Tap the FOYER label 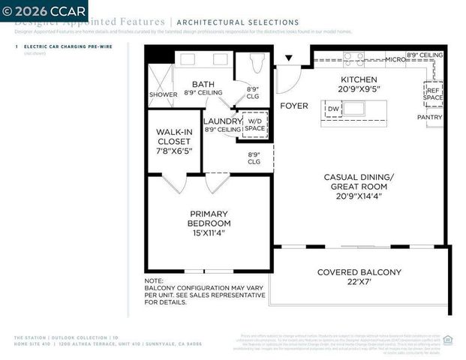point(294,106)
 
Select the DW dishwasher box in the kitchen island point(333,109)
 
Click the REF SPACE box point(433,94)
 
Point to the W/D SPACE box point(255,124)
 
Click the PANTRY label point(430,117)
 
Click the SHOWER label point(163,95)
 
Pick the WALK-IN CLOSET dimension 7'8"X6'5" point(173,150)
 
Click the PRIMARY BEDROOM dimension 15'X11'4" point(209,233)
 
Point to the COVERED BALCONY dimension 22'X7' point(359,283)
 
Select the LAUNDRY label point(221,120)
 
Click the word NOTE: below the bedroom point(155,281)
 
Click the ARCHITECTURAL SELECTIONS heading point(237,23)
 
